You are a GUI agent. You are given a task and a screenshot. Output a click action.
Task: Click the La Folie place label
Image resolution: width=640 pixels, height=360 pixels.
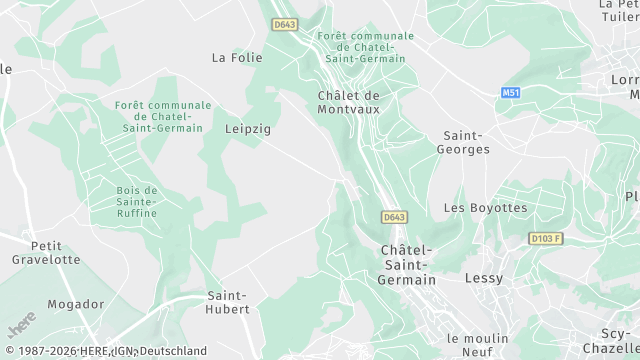point(236,58)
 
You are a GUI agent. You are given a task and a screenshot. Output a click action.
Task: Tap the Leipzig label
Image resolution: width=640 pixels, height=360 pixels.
point(248,129)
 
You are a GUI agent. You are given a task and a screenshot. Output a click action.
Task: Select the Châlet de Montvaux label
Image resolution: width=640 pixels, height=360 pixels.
point(348,102)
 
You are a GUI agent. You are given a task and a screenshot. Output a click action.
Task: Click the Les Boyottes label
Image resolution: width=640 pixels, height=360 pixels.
point(485,208)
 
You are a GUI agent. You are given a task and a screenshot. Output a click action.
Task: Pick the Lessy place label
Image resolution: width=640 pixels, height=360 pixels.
point(484,278)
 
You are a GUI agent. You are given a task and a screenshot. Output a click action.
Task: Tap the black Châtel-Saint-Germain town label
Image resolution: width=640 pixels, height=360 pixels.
point(408,265)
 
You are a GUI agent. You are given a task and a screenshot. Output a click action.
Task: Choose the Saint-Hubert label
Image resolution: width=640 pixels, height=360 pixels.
point(228,302)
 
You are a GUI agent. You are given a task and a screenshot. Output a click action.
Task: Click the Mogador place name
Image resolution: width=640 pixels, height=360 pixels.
point(75,304)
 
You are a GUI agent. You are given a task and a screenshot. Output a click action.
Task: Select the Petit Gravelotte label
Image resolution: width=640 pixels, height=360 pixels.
point(46,252)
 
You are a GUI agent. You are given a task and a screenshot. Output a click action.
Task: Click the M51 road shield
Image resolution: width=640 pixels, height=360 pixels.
point(511,92)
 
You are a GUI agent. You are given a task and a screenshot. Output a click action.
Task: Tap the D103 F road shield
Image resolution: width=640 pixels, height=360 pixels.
point(546,239)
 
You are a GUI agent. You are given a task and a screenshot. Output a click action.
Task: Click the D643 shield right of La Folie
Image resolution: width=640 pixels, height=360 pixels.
point(285,25)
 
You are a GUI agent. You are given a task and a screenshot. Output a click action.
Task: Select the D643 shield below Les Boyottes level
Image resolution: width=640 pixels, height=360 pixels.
point(394,217)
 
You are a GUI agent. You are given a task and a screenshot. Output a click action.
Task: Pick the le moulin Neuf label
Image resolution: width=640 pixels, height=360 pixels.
point(478,345)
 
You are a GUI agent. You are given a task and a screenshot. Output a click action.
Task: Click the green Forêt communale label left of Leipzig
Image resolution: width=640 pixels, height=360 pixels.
point(163,116)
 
